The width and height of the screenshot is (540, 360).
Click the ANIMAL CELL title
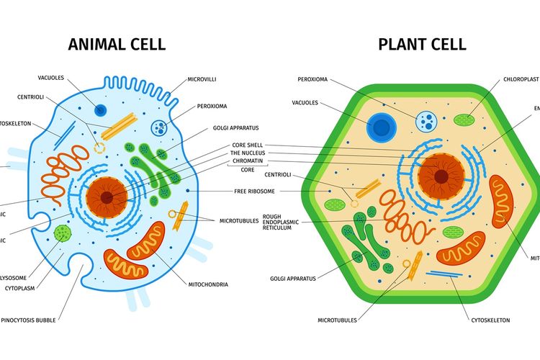click(x=117, y=44)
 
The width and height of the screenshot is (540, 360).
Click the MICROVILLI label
click(x=202, y=78)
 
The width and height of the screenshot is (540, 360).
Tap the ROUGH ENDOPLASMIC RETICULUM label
click(x=282, y=222)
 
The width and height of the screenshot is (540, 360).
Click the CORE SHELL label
click(x=247, y=145)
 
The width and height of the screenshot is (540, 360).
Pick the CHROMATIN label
click(x=247, y=161)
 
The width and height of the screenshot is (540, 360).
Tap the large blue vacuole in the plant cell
click(x=380, y=128)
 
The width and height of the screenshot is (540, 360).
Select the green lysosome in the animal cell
click(x=63, y=233)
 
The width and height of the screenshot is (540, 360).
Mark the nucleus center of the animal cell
click(x=107, y=197)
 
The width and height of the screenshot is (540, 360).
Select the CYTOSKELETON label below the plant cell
click(x=490, y=320)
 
